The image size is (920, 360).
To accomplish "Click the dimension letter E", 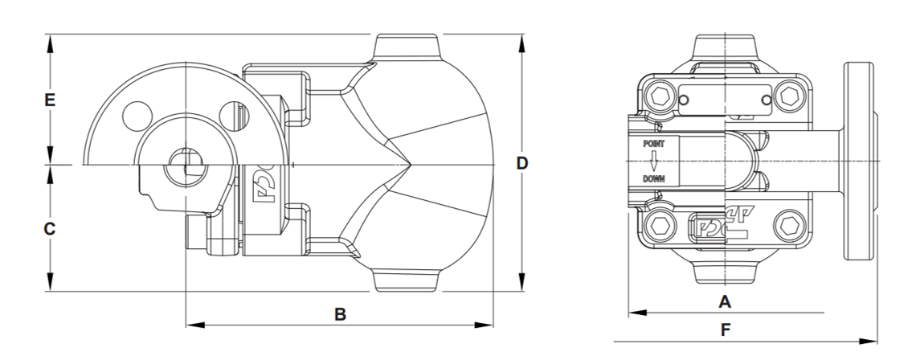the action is (50, 100).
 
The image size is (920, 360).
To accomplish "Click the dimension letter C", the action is (50, 229).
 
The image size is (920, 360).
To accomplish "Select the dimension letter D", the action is (522, 163).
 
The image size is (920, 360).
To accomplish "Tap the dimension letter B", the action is (341, 314).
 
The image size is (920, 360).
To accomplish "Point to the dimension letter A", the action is (726, 302).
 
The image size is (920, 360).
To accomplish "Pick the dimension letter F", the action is (726, 330).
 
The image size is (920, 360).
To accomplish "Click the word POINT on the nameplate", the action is (653, 144).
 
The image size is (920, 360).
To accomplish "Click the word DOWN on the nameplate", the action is (653, 179).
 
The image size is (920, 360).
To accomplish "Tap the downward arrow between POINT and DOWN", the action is (653, 162).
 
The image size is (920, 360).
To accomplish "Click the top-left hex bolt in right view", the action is (660, 95).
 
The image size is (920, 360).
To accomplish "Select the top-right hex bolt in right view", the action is (789, 95).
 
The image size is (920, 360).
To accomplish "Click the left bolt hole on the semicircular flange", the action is (138, 116).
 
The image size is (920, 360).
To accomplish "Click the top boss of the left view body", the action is (407, 47).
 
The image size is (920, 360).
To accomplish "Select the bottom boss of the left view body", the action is (407, 280).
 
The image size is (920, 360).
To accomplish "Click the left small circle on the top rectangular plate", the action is (684, 100).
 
